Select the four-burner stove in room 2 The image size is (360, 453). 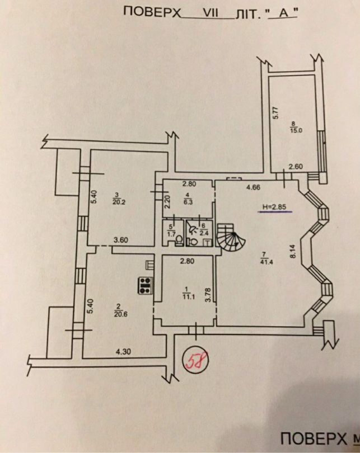pos(146,285)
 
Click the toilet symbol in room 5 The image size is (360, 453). pos(179,240)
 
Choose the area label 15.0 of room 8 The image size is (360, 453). pos(296,130)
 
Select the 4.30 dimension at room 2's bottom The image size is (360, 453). pos(123,352)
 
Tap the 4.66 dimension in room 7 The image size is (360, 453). pos(253,187)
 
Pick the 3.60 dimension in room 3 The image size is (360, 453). pos(121,240)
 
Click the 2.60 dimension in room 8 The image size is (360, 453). pos(296,167)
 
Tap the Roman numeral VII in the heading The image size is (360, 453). pos(211,13)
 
